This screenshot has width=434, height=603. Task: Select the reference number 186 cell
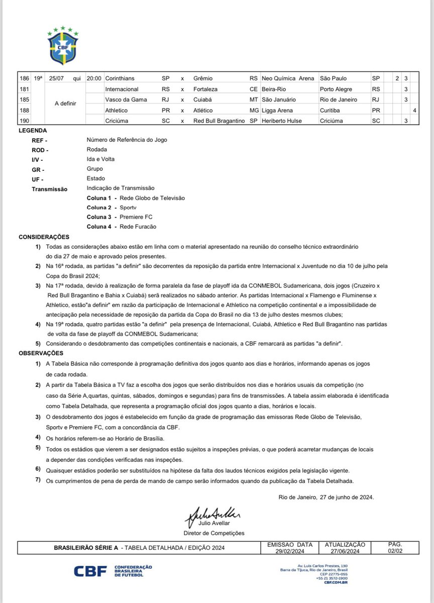coord(24,78)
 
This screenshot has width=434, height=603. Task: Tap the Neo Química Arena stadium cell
coord(288,78)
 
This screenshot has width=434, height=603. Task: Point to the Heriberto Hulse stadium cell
coord(280,121)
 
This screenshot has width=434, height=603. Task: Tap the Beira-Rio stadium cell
coord(273,89)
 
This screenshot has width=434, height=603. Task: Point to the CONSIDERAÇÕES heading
coord(44,237)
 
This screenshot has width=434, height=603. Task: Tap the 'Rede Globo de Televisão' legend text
coord(152,198)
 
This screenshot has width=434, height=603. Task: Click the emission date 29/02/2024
coord(290,551)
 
